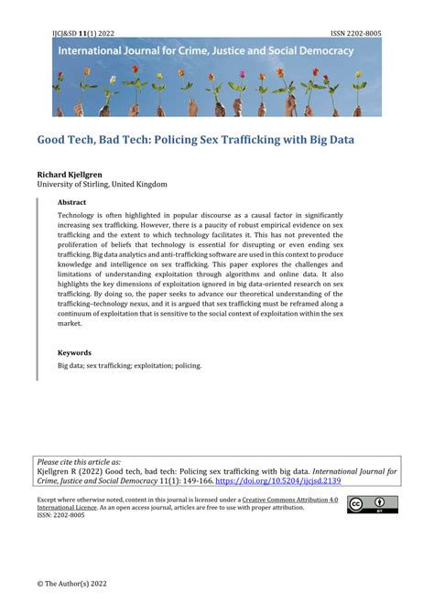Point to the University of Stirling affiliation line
102,184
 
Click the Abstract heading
73,203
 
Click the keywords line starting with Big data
129,365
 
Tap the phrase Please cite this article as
78,462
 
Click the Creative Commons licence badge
372,504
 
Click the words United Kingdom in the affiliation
139,184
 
